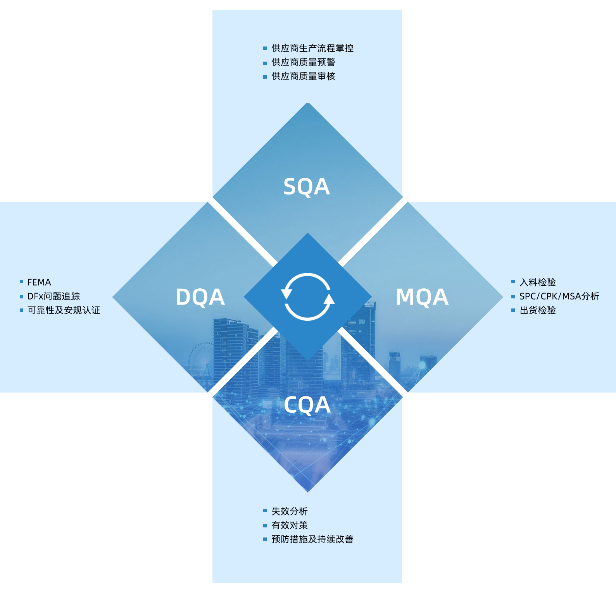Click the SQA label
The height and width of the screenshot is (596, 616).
(x=307, y=187)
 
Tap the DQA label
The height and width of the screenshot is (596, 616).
(x=200, y=297)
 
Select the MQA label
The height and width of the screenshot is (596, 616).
(x=422, y=297)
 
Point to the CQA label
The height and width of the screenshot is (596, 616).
(x=307, y=405)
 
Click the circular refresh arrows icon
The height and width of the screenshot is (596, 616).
(x=308, y=297)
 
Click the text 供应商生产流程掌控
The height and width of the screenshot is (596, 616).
(x=312, y=48)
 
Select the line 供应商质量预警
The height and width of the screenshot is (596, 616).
(x=303, y=62)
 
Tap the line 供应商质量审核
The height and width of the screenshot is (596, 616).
(x=303, y=76)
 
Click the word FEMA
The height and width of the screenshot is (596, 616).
(x=39, y=282)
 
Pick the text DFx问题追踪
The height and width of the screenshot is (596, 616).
(x=53, y=296)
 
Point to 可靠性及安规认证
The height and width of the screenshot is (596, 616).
(x=64, y=310)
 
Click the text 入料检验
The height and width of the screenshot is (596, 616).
(x=538, y=282)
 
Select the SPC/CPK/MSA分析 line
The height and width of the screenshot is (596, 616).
(x=559, y=296)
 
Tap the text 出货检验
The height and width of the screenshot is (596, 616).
(x=538, y=310)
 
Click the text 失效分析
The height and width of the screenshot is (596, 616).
(x=290, y=511)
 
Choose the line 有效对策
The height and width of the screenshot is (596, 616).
(x=290, y=525)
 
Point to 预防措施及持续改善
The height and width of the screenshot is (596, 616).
(x=312, y=539)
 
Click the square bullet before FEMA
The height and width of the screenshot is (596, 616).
(x=22, y=282)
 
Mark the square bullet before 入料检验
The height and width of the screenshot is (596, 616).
(x=513, y=282)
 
